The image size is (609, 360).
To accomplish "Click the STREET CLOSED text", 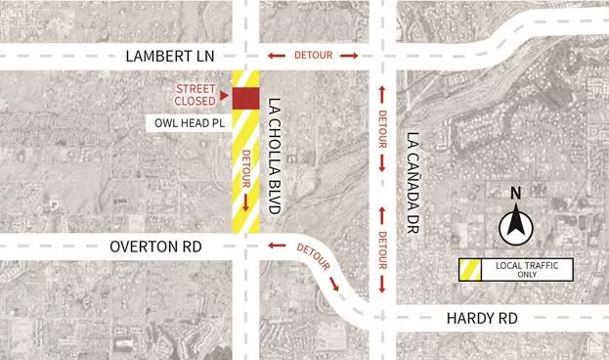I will (x=196, y=94).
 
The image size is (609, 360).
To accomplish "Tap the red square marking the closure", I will (x=245, y=99).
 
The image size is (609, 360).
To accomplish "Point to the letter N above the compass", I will (x=515, y=195).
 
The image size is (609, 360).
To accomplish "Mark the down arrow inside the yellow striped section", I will (x=245, y=202).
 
